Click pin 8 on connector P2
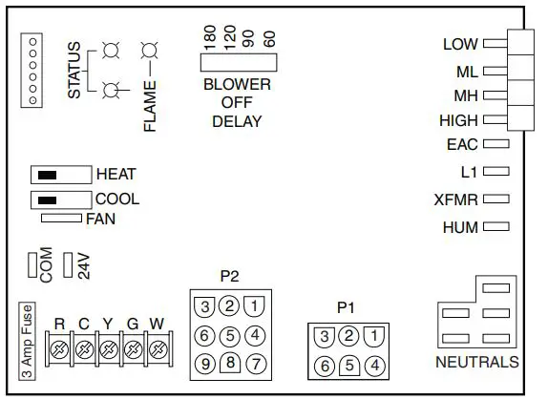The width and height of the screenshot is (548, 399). click(229, 362)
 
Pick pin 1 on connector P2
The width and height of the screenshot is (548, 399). click(254, 306)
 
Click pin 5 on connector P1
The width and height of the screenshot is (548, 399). click(349, 364)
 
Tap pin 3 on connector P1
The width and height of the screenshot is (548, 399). click(325, 336)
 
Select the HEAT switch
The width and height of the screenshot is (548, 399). click(61, 175)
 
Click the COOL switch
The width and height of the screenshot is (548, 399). click(61, 199)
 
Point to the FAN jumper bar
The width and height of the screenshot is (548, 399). click(63, 219)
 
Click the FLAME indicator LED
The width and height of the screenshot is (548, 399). click(148, 50)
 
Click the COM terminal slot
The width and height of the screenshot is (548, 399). click(32, 264)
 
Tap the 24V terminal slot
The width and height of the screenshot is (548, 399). click(67, 264)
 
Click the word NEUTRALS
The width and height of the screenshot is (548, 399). click(476, 363)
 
